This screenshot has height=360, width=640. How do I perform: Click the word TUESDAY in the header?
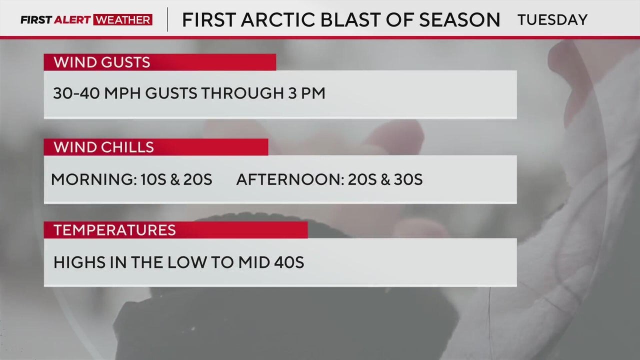pos(552,19)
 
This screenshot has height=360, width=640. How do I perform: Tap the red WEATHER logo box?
pos(123,19)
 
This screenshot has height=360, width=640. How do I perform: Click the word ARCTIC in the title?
pos(278,19)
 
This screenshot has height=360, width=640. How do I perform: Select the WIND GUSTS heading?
pos(101,62)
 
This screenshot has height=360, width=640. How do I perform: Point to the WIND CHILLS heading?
pos(103,147)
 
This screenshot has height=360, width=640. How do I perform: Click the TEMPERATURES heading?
pos(114,230)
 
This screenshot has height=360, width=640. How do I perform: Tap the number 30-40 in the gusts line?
pos(76,93)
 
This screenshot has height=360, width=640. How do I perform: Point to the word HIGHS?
pos(79,262)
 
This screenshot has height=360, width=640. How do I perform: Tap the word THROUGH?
pos(242,93)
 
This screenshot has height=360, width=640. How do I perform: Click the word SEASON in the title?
pos(459,19)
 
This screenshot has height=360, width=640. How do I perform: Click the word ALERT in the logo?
pos(72,19)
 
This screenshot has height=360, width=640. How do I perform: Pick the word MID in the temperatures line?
pos(254,262)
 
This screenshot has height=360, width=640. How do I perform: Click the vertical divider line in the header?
pos(167,19)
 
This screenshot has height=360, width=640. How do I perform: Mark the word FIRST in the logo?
pos(36,19)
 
